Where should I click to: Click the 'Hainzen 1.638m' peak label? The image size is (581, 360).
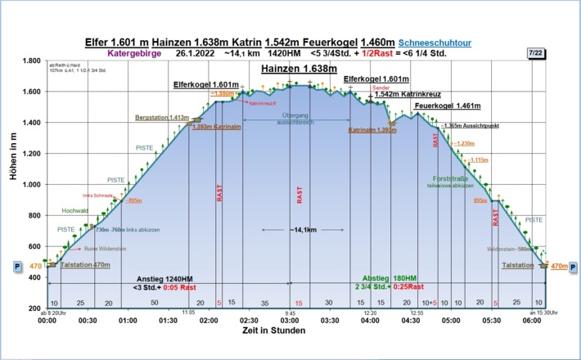click(x=299, y=70)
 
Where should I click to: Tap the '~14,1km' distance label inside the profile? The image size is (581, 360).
click(x=299, y=230)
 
